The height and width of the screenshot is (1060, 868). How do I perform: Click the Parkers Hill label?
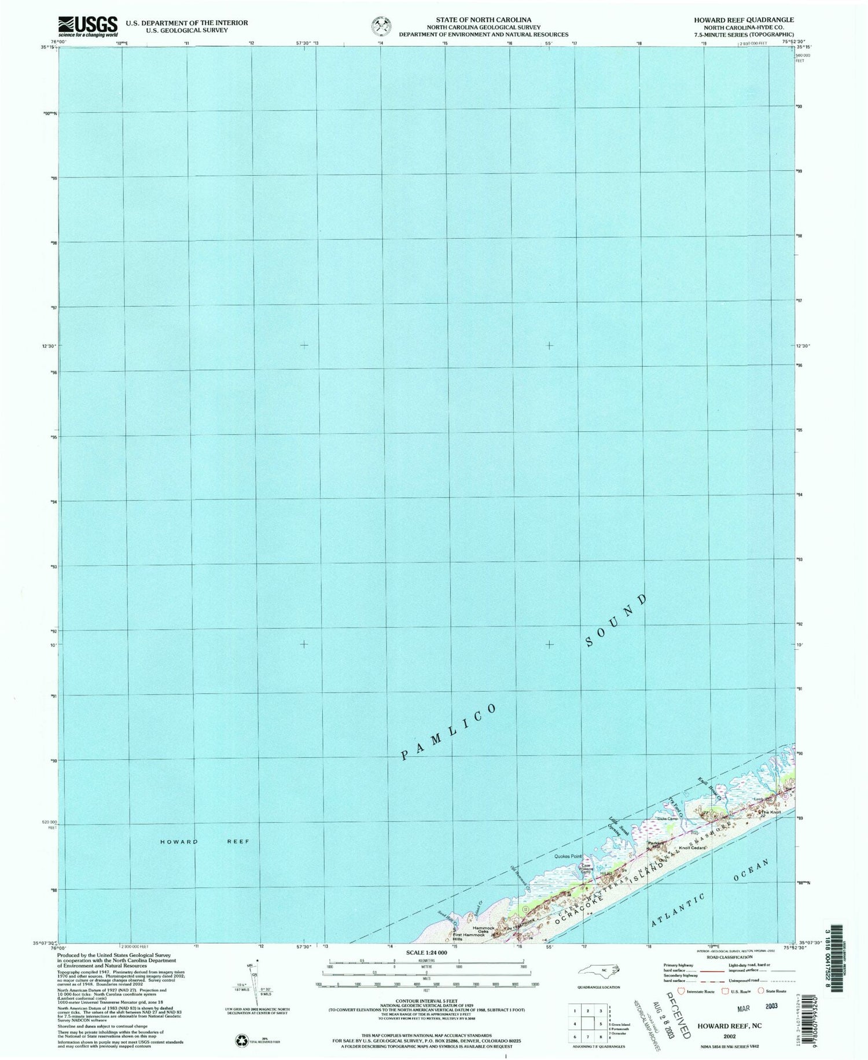click(x=657, y=845)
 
